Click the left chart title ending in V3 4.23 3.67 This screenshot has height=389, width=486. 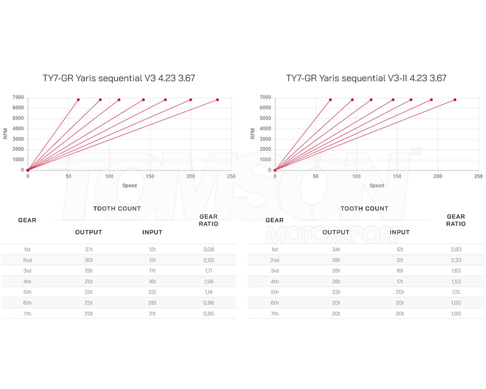click(119, 78)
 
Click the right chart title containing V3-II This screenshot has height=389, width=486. click(366, 78)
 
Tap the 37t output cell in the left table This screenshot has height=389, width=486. click(88, 249)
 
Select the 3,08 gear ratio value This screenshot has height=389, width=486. click(208, 249)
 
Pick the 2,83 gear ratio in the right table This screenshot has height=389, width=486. click(456, 249)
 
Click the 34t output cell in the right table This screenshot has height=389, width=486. click(336, 249)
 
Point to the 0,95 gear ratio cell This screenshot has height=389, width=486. click(208, 314)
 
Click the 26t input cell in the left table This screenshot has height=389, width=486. click(152, 303)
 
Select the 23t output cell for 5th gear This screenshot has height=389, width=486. click(336, 292)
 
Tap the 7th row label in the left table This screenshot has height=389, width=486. click(27, 314)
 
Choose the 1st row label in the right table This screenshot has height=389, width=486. click(275, 249)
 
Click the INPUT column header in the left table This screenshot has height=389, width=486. click(152, 232)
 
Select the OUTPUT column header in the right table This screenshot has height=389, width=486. click(336, 232)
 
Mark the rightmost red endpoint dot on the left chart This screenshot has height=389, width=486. click(217, 100)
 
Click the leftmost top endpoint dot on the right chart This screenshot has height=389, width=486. click(330, 100)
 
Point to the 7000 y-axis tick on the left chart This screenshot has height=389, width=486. click(18, 97)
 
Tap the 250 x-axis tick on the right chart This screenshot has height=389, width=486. click(478, 177)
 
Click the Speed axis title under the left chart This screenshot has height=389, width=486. click(129, 185)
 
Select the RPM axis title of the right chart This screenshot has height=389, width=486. click(253, 134)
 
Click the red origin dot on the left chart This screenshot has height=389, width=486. click(28, 170)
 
